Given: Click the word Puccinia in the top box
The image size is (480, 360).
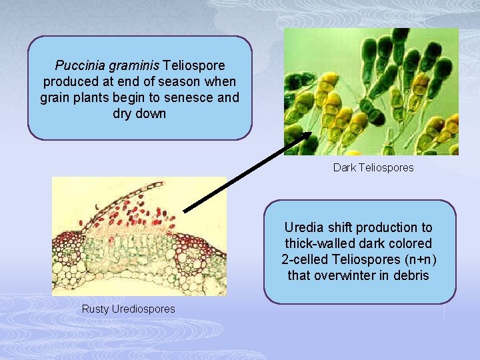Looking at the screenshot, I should click(x=75, y=66).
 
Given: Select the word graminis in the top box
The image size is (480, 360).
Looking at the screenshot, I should click(x=129, y=66).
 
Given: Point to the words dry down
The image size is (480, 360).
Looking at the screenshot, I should click(x=140, y=113).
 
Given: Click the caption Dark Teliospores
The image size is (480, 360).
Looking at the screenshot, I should click(x=373, y=168).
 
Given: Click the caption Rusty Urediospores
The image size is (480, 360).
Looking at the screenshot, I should click(x=128, y=309).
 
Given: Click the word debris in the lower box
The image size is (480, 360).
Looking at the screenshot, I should click(x=413, y=275).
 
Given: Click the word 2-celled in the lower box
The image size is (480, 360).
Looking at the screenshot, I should click(x=305, y=259).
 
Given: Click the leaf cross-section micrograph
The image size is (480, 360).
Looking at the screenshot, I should click(x=139, y=237).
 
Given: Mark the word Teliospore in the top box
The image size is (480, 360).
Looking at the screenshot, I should click(x=194, y=66).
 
